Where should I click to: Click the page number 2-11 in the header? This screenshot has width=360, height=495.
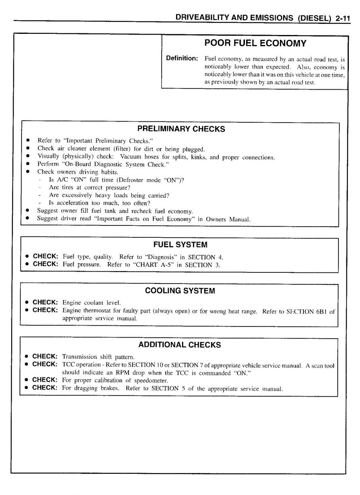click(x=340, y=18)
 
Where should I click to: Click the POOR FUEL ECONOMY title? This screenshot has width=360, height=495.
click(x=255, y=43)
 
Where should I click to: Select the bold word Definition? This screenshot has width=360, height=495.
click(x=182, y=59)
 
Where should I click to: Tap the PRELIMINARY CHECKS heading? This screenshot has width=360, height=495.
click(x=181, y=129)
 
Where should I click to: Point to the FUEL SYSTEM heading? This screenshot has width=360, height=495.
click(x=180, y=245)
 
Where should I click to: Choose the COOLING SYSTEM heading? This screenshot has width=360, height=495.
click(x=180, y=291)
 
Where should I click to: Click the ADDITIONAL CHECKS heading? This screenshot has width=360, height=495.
click(x=180, y=345)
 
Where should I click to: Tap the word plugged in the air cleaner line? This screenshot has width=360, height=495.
click(x=193, y=149)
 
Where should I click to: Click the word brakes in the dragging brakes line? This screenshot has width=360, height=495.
click(x=112, y=388)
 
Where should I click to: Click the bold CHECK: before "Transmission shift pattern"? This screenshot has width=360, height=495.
click(x=45, y=356)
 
